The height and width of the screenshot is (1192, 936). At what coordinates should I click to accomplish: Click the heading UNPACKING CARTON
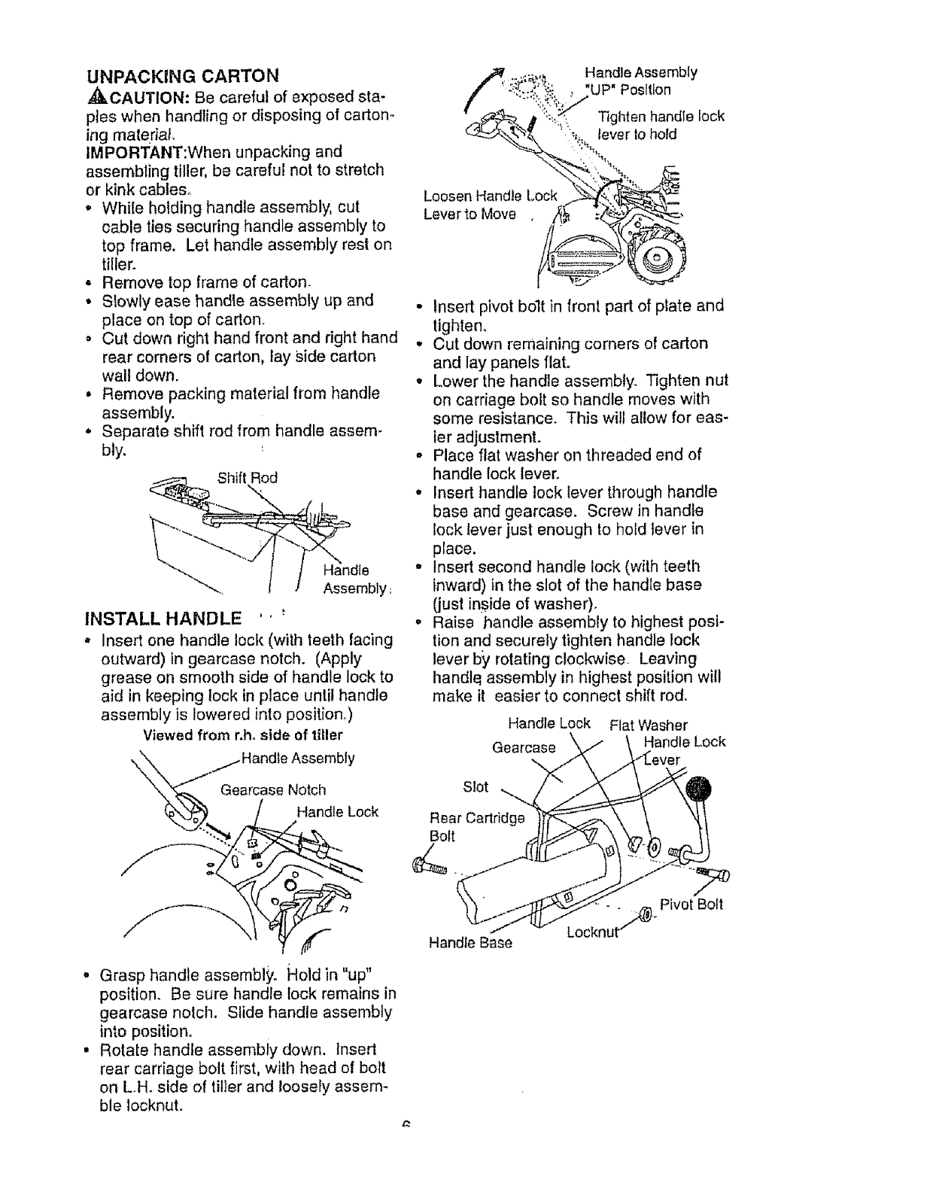pyautogui.click(x=183, y=75)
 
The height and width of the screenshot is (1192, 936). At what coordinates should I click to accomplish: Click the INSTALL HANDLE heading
pyautogui.click(x=166, y=619)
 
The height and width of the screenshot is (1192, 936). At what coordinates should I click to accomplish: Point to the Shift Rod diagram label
pyautogui.click(x=247, y=477)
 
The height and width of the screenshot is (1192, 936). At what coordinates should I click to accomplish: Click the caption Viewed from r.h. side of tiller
pyautogui.click(x=242, y=734)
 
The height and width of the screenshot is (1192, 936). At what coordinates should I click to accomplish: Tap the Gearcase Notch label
pyautogui.click(x=273, y=789)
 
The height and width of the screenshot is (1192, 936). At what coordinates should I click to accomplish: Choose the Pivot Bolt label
pyautogui.click(x=691, y=904)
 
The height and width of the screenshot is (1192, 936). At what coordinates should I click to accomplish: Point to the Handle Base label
pyautogui.click(x=470, y=942)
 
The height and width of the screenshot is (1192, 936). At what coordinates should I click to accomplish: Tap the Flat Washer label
pyautogui.click(x=649, y=725)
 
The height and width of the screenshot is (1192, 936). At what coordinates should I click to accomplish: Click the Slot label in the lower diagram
pyautogui.click(x=476, y=786)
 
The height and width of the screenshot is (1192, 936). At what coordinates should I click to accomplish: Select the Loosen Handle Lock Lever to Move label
pyautogui.click(x=490, y=205)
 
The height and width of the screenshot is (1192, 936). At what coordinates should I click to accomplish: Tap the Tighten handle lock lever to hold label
pyautogui.click(x=660, y=125)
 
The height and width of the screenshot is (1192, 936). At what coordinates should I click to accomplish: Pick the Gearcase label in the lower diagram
pyautogui.click(x=524, y=747)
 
